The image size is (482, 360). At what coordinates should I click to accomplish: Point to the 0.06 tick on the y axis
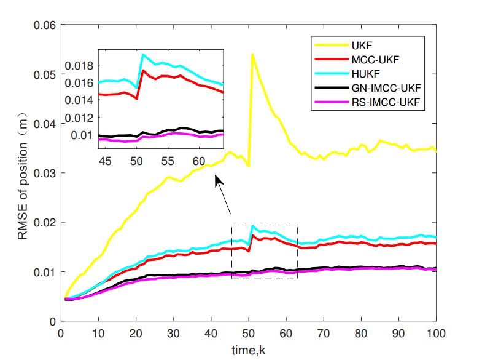tap(43, 25)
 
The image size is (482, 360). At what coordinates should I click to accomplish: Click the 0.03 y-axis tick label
tap(43, 173)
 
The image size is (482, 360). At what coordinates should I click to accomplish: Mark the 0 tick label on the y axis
tap(52, 321)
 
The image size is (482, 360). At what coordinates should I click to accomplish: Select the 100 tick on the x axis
tap(436, 334)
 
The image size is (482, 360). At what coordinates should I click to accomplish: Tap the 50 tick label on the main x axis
tap(249, 334)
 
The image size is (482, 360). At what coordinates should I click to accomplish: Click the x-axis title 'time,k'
tap(248, 349)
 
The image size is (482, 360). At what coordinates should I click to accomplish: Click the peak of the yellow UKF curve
tap(252, 54)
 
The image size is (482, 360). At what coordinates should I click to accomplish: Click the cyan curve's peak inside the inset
tap(143, 55)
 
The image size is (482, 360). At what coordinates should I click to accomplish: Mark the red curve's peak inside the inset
tap(143, 70)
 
